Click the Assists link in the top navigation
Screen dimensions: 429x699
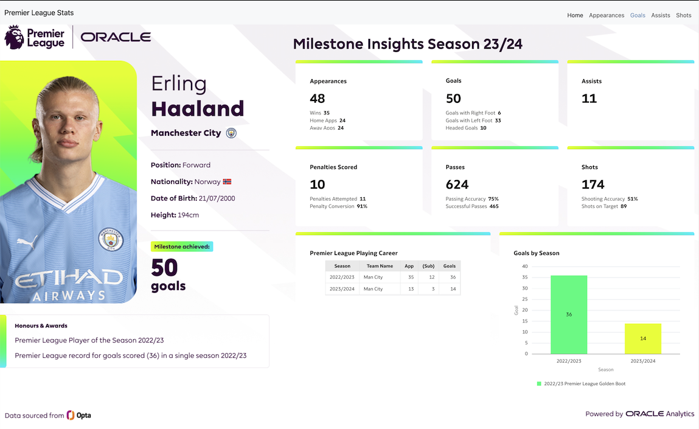pos(660,15)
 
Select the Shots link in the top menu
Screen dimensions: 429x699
pos(683,15)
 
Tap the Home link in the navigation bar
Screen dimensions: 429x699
pos(575,15)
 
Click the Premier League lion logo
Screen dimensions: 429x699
pos(15,37)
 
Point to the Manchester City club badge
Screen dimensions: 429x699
pos(231,133)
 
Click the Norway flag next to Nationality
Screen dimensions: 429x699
pos(227,182)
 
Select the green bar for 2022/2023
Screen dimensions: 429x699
pos(569,315)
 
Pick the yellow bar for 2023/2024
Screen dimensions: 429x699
pos(642,338)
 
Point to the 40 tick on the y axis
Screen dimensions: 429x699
pos(524,267)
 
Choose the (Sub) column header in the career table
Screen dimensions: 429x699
pos(429,266)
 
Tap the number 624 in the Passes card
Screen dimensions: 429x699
pos(457,184)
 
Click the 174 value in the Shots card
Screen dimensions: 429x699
pos(593,184)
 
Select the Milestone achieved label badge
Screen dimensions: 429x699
pos(182,246)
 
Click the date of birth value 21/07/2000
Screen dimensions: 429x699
pos(215,198)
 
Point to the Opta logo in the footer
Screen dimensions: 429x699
pos(78,415)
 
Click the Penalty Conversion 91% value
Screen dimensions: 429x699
pos(362,206)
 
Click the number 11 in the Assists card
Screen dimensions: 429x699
pos(589,99)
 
